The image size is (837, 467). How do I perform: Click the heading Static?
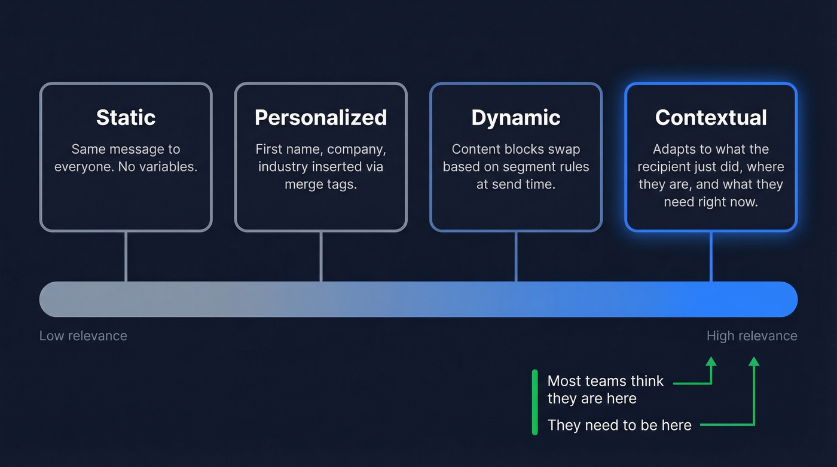pyautogui.click(x=126, y=117)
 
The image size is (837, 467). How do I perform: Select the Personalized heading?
pyautogui.click(x=320, y=117)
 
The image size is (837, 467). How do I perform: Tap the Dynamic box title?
pyautogui.click(x=515, y=117)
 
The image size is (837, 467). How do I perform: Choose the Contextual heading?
pyautogui.click(x=711, y=117)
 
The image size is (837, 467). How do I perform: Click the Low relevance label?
pyautogui.click(x=83, y=335)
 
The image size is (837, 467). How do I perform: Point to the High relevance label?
pyautogui.click(x=752, y=335)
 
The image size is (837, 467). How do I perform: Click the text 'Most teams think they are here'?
pyautogui.click(x=605, y=389)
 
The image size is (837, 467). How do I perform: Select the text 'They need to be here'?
pyautogui.click(x=619, y=425)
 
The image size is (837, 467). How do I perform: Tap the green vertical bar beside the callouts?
pyautogui.click(x=534, y=402)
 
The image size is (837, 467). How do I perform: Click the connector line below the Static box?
pyautogui.click(x=126, y=256)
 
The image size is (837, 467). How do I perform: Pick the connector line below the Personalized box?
pyautogui.click(x=321, y=256)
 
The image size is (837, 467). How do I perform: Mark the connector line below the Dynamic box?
pyautogui.click(x=516, y=256)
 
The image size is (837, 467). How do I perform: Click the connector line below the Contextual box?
pyautogui.click(x=711, y=256)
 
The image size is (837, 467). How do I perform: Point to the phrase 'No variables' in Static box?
pyautogui.click(x=158, y=167)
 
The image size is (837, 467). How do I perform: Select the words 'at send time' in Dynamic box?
pyautogui.click(x=515, y=184)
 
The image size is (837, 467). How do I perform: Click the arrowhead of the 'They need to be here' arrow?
pyautogui.click(x=754, y=361)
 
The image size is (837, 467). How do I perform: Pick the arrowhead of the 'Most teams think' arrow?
pyautogui.click(x=711, y=361)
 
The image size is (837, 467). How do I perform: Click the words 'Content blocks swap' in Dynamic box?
pyautogui.click(x=515, y=149)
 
